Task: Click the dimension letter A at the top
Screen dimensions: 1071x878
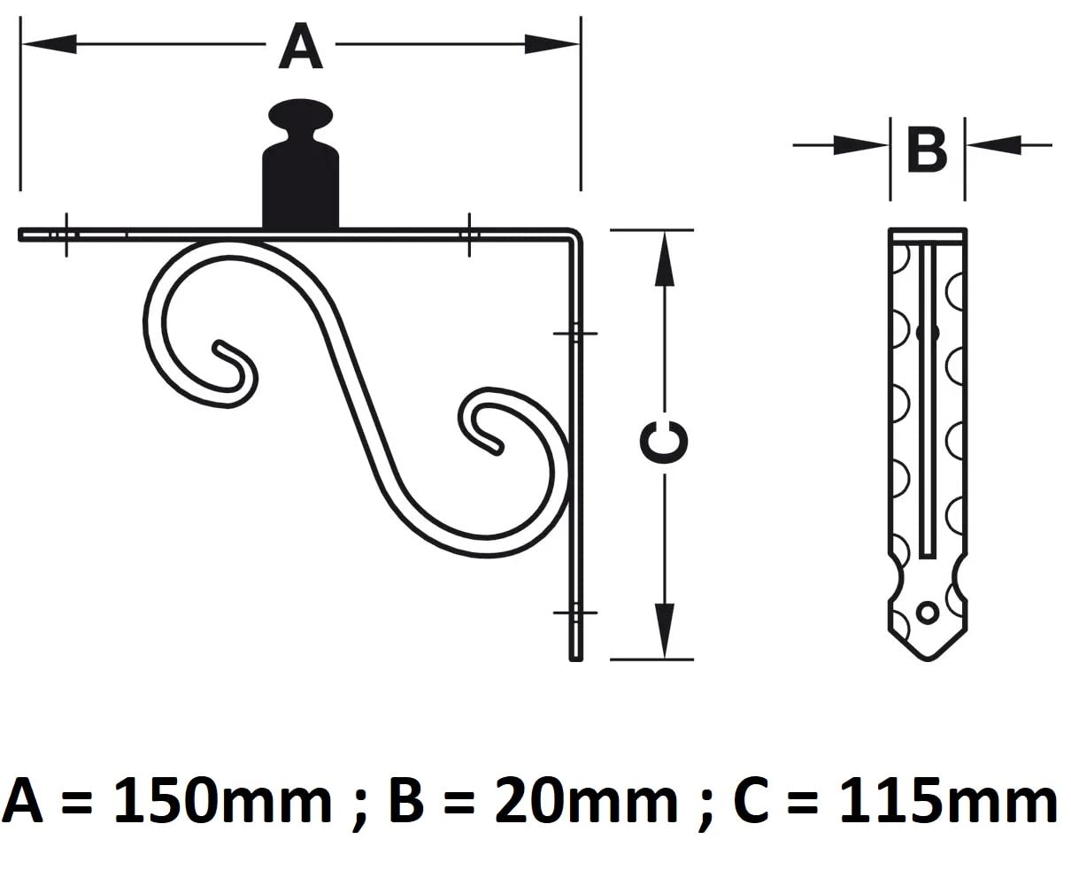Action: click(x=300, y=46)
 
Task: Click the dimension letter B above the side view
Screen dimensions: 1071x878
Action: click(x=927, y=150)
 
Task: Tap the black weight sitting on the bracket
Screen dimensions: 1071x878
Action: click(x=300, y=164)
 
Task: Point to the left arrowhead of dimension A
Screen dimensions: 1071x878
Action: click(x=50, y=44)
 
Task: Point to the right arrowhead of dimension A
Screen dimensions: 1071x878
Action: click(x=551, y=44)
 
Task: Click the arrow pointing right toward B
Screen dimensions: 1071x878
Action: click(x=841, y=145)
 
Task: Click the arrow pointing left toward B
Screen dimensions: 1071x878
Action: click(x=1008, y=145)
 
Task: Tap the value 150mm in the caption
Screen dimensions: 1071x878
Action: click(x=223, y=802)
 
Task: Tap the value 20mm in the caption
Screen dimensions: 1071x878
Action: click(x=586, y=802)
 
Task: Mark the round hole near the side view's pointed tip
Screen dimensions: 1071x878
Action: click(x=928, y=613)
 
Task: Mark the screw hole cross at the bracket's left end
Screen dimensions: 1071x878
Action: click(x=66, y=235)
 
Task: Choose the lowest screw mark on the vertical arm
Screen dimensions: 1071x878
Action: click(x=575, y=613)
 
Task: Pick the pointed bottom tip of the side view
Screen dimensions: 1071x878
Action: click(x=928, y=659)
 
